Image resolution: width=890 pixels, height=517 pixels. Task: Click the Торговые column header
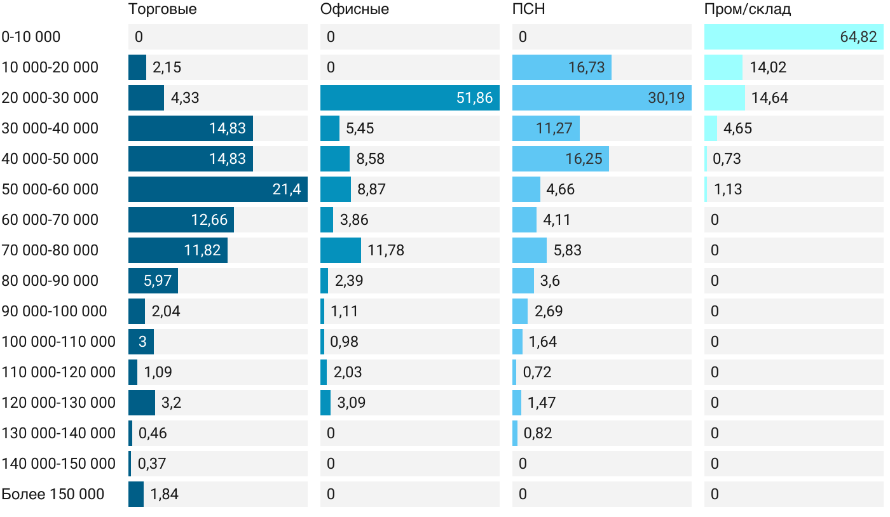point(163,10)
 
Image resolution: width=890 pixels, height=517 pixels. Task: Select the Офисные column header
point(355,10)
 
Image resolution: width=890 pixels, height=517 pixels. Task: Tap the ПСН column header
point(529,10)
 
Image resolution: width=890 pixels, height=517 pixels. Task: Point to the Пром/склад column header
point(748,10)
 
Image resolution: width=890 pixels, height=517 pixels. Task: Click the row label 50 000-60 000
point(50,189)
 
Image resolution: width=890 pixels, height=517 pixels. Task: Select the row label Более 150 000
point(53,494)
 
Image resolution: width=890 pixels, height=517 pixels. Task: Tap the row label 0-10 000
point(31,37)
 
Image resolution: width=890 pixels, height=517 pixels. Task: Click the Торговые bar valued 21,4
point(218,189)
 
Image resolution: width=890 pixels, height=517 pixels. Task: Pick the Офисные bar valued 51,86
point(410,98)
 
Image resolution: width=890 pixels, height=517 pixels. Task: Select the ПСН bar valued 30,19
point(602,98)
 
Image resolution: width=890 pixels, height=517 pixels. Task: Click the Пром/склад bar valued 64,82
point(794,37)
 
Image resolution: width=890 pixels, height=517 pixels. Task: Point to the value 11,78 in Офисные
point(386,250)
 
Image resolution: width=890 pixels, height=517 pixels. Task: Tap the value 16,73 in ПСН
point(586,67)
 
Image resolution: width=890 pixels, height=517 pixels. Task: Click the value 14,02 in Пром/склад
point(768,67)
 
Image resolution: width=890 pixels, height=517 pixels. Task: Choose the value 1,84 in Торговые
point(164,494)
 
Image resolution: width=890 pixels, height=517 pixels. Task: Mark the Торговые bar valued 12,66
point(181,220)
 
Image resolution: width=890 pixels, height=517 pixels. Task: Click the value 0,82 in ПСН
point(538,433)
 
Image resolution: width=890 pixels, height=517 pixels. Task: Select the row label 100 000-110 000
point(58,342)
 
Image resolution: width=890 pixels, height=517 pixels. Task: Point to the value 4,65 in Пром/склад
point(737,128)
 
